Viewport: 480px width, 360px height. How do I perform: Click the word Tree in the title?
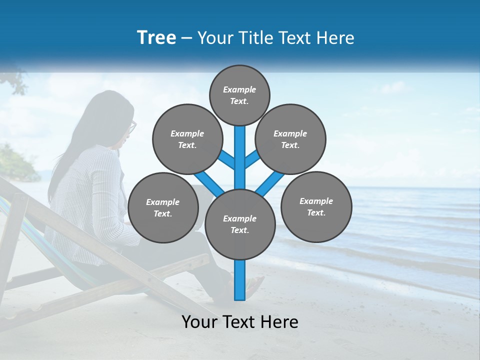[156, 38]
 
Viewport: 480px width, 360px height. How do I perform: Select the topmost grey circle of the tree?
[239, 95]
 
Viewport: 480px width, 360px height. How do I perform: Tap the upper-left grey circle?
[187, 139]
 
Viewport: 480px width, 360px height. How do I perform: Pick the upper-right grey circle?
[290, 139]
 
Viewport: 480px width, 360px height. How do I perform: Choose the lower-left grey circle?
[163, 208]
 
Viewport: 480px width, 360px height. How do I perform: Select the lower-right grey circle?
[316, 206]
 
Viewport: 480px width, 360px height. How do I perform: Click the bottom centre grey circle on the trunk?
[240, 224]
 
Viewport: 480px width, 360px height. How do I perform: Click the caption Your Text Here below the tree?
[240, 322]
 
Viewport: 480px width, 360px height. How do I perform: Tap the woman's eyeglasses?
[132, 127]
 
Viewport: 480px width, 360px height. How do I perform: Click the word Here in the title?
[336, 38]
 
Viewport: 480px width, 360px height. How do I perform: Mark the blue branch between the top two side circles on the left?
[226, 159]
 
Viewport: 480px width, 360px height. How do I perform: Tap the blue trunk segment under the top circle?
[240, 150]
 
